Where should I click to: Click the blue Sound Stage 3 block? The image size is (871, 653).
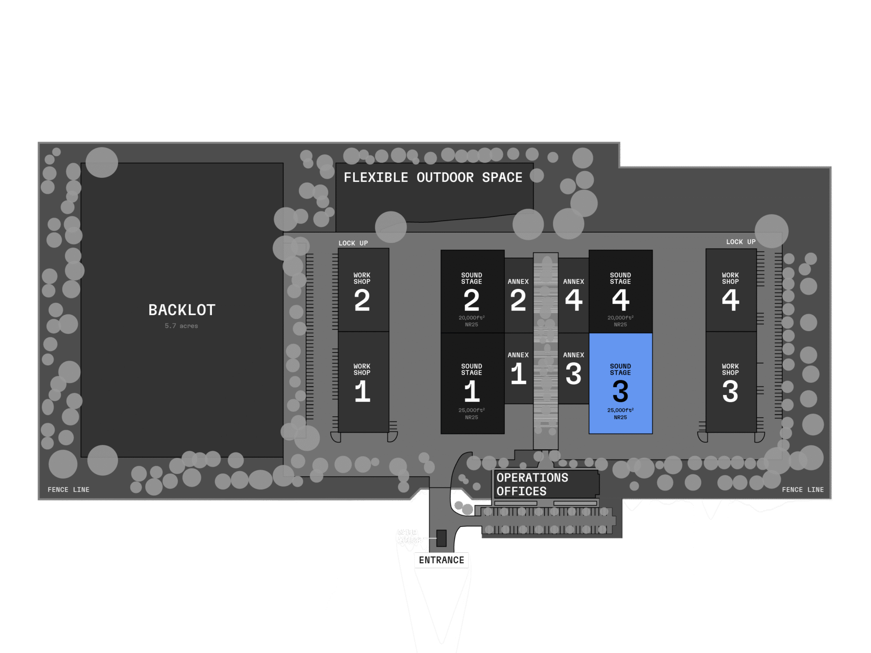(x=620, y=384)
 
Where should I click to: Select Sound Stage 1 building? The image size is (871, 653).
(x=472, y=384)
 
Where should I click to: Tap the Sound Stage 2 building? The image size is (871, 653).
(x=472, y=292)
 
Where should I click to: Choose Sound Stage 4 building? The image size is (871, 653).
(x=620, y=292)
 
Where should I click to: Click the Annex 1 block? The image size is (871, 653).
(x=519, y=368)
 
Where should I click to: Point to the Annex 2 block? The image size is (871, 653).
(x=519, y=295)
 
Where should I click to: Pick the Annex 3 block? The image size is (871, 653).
(x=573, y=368)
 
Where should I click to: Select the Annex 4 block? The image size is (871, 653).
(x=573, y=295)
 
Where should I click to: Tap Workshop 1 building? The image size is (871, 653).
(x=363, y=382)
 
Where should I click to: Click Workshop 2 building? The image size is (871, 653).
(x=363, y=290)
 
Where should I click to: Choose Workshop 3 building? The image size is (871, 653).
(x=730, y=382)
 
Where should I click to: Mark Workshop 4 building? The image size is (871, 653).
(x=730, y=290)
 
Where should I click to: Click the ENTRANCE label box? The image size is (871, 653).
(x=441, y=560)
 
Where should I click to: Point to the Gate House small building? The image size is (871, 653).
(x=441, y=538)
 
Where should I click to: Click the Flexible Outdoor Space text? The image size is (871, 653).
(x=433, y=177)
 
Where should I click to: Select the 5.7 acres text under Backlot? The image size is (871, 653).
(x=181, y=326)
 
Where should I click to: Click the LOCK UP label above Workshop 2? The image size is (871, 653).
(x=353, y=243)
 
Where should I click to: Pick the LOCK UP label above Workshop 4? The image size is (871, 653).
(x=741, y=242)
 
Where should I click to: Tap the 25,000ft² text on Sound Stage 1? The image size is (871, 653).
(x=471, y=410)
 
